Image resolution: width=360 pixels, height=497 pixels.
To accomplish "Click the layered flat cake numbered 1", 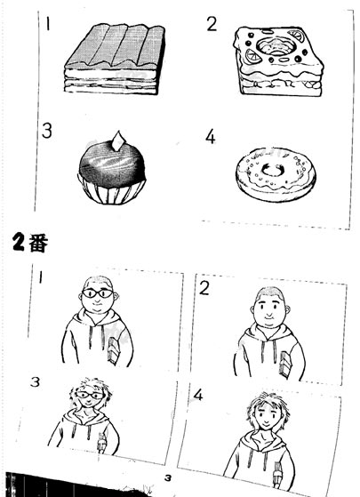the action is point(115,60).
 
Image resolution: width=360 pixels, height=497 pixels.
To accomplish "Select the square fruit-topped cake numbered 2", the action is point(278,61).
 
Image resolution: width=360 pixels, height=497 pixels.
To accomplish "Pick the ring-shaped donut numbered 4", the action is point(276,174).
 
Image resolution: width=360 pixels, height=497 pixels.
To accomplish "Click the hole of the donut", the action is point(273,170).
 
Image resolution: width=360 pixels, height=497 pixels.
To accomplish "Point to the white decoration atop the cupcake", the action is point(118,140).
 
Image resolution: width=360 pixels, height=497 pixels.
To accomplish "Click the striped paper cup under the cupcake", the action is point(112,192).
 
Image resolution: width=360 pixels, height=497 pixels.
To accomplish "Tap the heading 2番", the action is point(31,243).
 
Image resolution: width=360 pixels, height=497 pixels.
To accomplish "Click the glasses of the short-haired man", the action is point(98,293).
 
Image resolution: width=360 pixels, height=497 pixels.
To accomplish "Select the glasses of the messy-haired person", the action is point(90,395).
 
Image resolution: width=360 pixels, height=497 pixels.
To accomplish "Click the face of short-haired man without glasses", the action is point(269,308).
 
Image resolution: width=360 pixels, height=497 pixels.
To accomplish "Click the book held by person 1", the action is point(113,351).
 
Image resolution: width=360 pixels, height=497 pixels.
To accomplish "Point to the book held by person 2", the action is point(285,364).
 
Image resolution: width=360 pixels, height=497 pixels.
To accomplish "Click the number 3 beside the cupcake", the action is point(46,131).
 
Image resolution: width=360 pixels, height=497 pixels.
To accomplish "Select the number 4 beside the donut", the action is point(211,137).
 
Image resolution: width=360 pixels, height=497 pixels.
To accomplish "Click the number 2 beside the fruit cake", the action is point(212,24).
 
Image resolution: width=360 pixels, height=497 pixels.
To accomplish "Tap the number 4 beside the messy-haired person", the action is point(198,395).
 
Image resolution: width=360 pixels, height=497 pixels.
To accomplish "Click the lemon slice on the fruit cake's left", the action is point(253,57).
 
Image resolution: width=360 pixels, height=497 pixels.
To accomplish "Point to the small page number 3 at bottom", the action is point(168,478).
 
